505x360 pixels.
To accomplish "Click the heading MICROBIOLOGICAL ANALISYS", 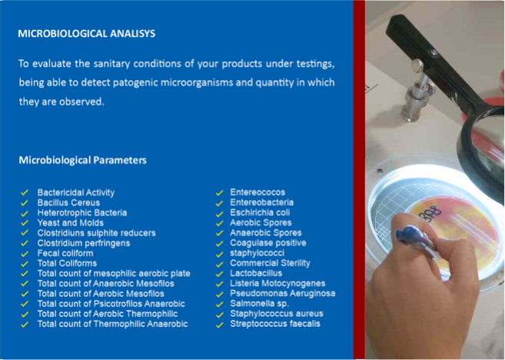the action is tap(86, 34).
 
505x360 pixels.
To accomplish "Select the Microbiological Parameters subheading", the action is tap(82, 160).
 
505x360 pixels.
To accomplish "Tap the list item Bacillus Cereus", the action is tap(68, 203).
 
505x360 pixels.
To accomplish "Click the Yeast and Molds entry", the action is tap(71, 223).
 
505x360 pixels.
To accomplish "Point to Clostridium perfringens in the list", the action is tap(84, 243).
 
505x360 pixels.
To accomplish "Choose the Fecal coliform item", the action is tap(65, 253).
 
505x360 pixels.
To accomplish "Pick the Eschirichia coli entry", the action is tap(260, 213).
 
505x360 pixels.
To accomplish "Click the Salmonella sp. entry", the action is tap(259, 304).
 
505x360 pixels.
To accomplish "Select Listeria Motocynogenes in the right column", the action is tap(277, 283).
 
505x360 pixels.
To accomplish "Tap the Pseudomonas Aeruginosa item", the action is tap(282, 293).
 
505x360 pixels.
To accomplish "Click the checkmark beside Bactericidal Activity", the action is tap(25, 193).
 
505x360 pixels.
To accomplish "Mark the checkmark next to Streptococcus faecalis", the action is tap(219, 325).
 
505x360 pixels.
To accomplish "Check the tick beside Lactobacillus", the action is tap(219, 274).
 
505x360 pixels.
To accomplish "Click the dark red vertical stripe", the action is tap(359, 180).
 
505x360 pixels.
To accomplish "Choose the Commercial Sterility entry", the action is tap(270, 263).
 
